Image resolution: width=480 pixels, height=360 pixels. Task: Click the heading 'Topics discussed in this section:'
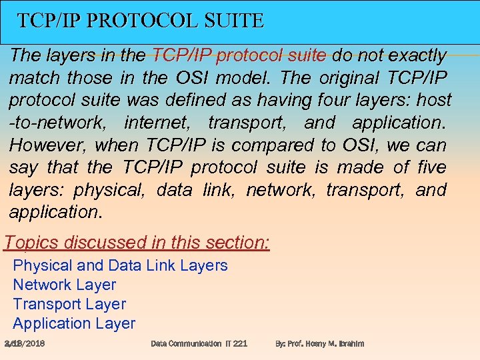137,243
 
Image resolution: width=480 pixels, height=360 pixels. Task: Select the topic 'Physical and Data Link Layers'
121,265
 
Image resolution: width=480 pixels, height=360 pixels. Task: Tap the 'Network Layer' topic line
65,285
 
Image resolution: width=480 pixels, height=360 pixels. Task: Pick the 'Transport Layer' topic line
69,304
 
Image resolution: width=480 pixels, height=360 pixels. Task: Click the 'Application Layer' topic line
74,323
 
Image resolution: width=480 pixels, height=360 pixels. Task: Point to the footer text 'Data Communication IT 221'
199,343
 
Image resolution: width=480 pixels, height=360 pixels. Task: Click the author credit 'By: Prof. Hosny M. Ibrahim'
320,343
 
